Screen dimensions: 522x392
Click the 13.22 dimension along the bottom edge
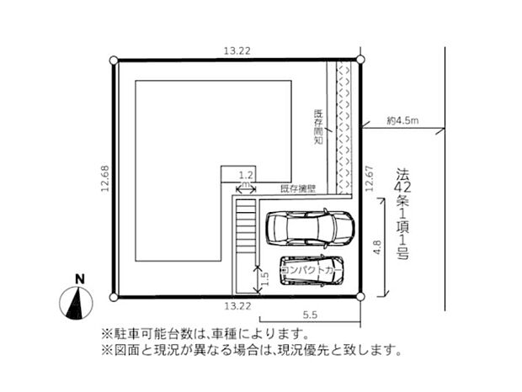click(x=237, y=307)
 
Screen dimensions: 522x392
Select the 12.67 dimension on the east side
click(x=369, y=177)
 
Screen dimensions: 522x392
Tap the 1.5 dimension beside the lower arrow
click(x=264, y=278)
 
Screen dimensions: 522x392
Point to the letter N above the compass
click(x=78, y=278)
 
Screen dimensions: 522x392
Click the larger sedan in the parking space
click(x=309, y=227)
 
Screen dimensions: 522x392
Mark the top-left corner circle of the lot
click(x=115, y=59)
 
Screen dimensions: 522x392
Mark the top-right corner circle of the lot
click(x=360, y=59)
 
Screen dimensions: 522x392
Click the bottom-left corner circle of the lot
click(x=115, y=297)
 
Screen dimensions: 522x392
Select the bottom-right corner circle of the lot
click(x=360, y=297)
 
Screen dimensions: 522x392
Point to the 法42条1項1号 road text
click(x=402, y=214)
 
